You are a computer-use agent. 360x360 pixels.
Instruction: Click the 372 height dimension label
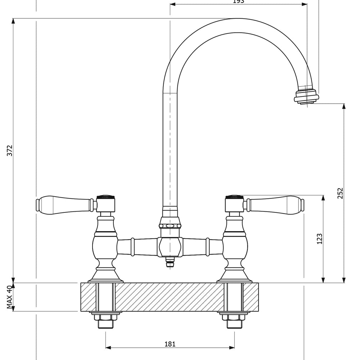pyautogui.click(x=10, y=150)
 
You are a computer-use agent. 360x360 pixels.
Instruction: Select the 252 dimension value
pyautogui.click(x=341, y=193)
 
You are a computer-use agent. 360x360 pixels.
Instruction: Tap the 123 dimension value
pyautogui.click(x=319, y=239)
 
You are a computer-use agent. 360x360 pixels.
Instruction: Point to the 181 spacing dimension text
pyautogui.click(x=170, y=344)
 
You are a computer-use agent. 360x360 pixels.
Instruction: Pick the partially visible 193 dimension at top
pyautogui.click(x=239, y=2)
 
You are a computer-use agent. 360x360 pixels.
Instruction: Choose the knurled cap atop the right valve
pyautogui.click(x=234, y=197)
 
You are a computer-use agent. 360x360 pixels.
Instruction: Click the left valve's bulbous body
pyautogui.click(x=105, y=247)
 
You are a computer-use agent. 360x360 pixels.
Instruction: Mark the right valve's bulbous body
pyautogui.click(x=235, y=247)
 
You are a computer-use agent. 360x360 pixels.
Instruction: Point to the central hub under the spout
pyautogui.click(x=170, y=247)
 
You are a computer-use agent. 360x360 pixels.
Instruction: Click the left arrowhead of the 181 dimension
pyautogui.click(x=108, y=348)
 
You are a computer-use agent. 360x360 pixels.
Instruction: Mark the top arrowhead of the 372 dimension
pyautogui.click(x=13, y=21)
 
